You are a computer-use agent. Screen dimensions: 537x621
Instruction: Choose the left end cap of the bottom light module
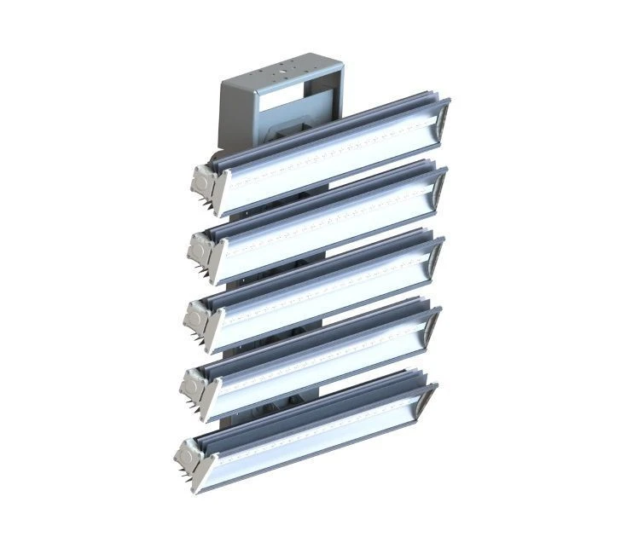pyautogui.click(x=191, y=456)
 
